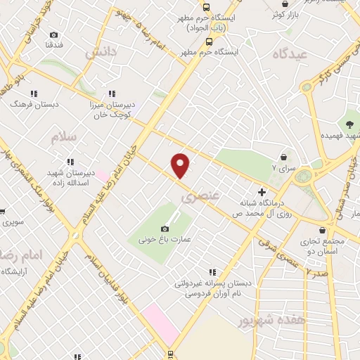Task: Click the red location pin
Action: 181,165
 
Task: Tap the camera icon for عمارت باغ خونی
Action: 165,229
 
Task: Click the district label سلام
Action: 63,136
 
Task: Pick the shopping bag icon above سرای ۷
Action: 283,157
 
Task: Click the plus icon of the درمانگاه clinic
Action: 262,191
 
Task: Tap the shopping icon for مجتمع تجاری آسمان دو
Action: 322,230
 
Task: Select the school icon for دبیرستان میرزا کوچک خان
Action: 111,94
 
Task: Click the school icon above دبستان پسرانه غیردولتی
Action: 212,272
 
